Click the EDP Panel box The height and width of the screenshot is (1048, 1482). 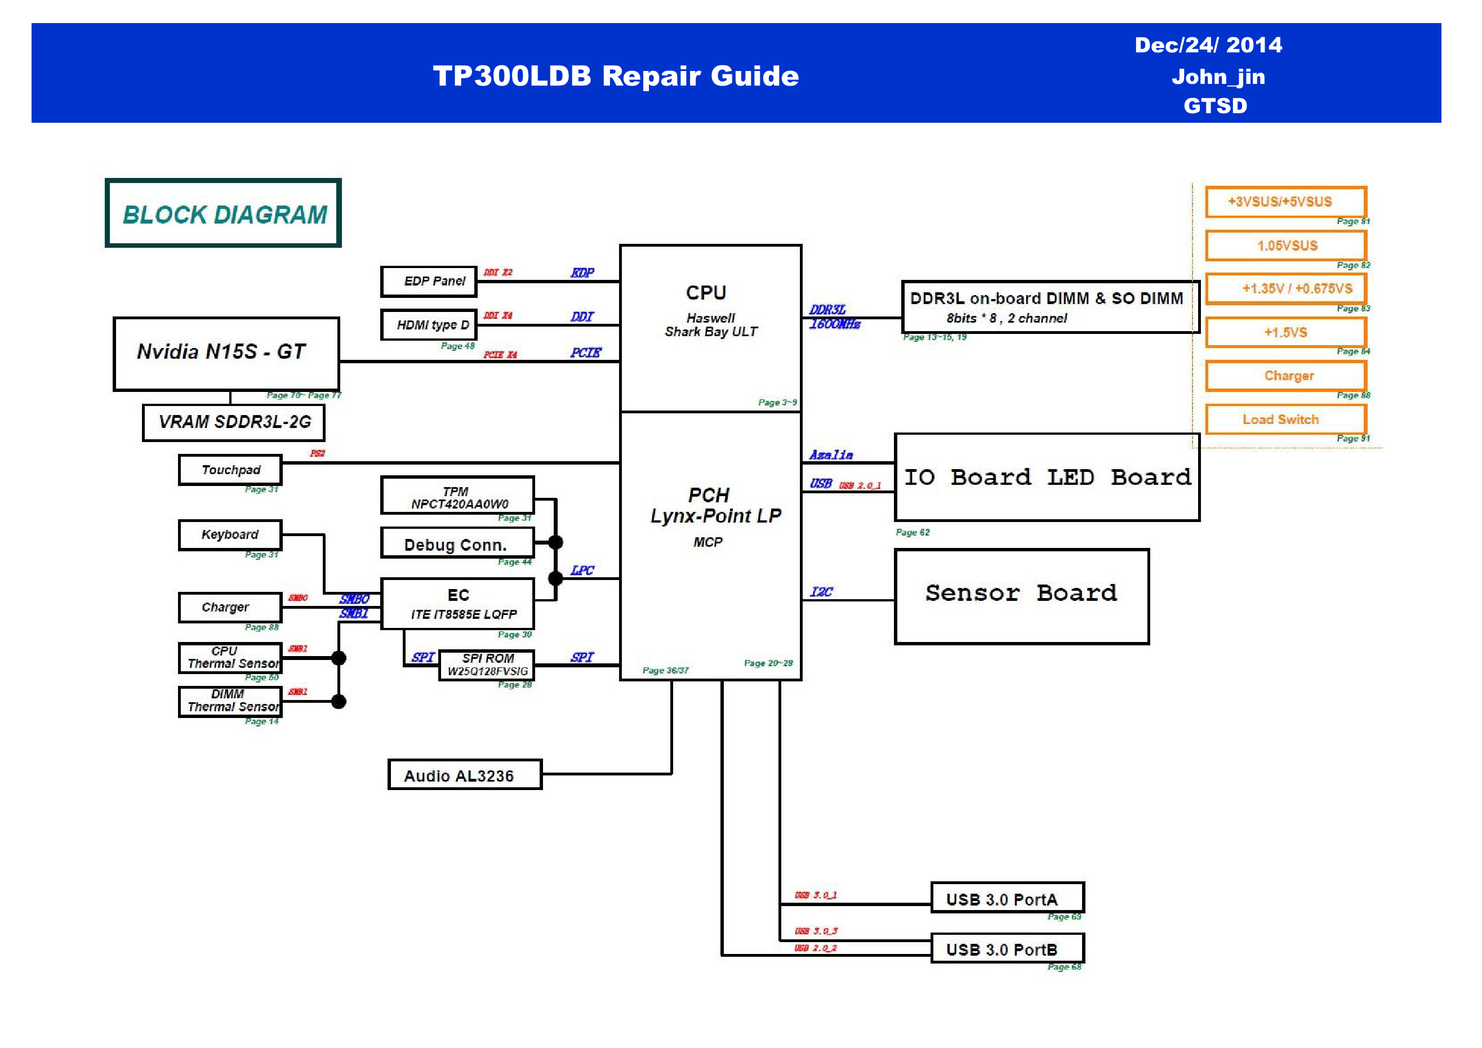pyautogui.click(x=429, y=282)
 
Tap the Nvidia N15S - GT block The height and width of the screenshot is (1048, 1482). pyautogui.click(x=226, y=354)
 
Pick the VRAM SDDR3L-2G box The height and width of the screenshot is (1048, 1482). pyautogui.click(x=234, y=423)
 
